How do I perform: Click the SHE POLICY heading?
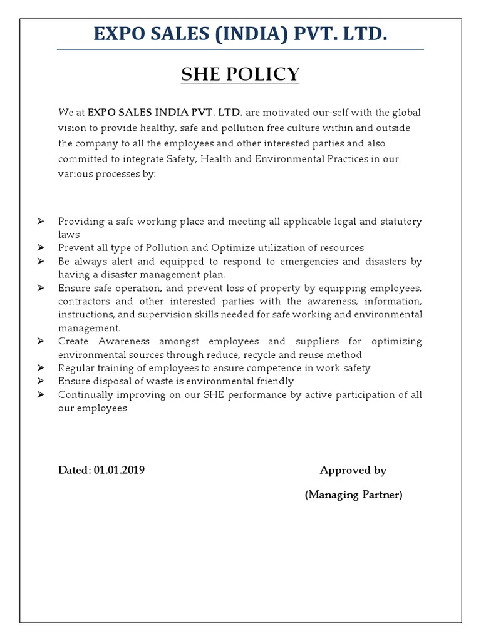[x=240, y=74]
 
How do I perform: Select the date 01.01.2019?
[x=120, y=470]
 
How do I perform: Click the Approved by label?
[x=353, y=470]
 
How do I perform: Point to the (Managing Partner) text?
[x=353, y=495]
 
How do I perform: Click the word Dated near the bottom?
[x=75, y=470]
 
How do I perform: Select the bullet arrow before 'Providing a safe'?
[x=41, y=222]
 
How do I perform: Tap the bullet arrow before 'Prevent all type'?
[x=41, y=248]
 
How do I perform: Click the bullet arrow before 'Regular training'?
[x=41, y=368]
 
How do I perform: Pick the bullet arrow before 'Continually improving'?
[x=41, y=394]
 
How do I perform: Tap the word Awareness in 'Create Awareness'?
[x=124, y=341]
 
